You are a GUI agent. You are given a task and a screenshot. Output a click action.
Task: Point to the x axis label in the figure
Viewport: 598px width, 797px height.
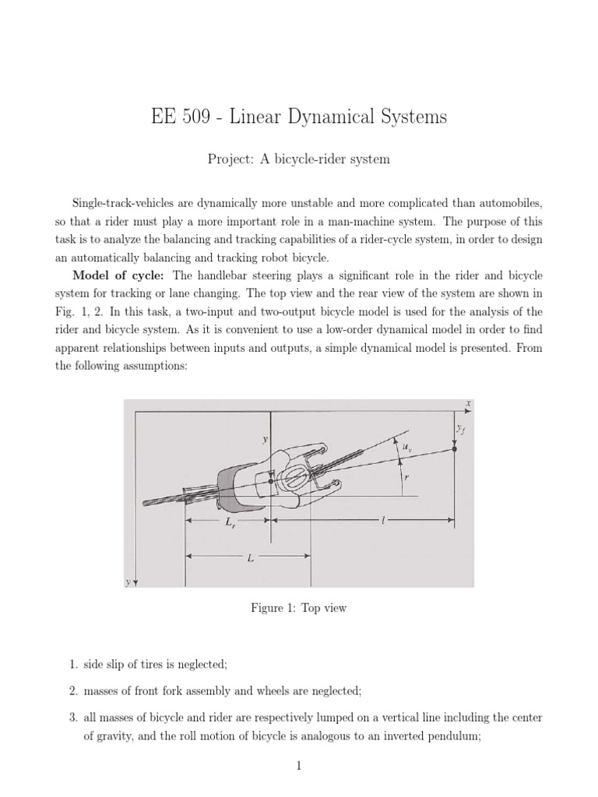click(x=469, y=402)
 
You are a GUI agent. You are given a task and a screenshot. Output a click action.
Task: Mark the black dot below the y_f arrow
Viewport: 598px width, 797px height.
click(x=453, y=450)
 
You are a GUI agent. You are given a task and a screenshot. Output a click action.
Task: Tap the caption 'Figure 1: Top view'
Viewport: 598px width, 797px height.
click(x=298, y=608)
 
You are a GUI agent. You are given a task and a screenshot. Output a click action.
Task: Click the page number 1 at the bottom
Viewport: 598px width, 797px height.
click(x=298, y=772)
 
